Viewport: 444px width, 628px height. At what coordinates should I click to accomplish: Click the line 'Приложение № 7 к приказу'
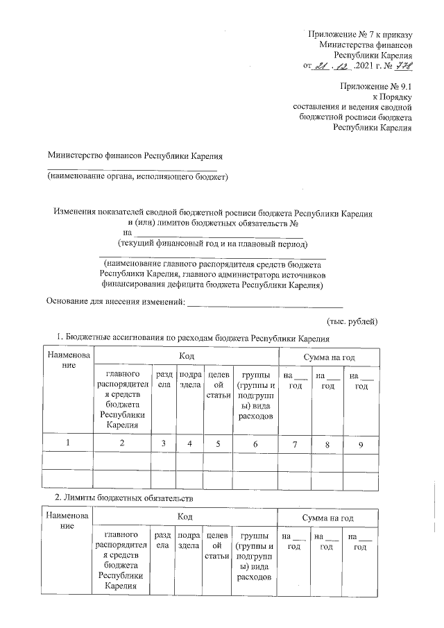(361, 35)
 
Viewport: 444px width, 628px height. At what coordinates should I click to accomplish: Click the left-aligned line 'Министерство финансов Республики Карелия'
(135, 157)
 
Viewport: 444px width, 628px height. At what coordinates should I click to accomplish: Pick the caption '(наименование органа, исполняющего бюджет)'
(137, 177)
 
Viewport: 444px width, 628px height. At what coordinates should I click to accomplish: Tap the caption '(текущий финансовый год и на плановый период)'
(212, 244)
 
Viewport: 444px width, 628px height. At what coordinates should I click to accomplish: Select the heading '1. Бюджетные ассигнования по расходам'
(191, 338)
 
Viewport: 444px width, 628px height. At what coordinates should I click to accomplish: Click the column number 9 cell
(361, 443)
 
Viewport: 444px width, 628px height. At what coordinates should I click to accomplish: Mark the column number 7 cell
(295, 443)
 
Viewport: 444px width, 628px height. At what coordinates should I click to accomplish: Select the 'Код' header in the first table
(185, 356)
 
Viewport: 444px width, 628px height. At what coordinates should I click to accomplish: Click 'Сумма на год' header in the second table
(328, 518)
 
